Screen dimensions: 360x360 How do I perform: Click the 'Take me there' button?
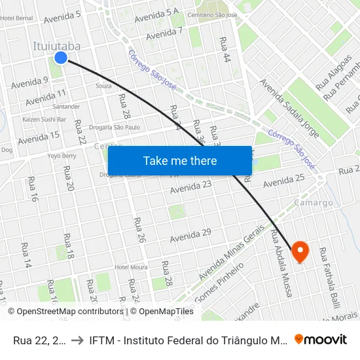click(x=180, y=161)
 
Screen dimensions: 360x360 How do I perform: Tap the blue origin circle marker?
click(x=61, y=58)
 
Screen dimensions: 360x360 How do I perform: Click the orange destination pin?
click(x=300, y=251)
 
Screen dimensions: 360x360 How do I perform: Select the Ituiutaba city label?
click(x=57, y=46)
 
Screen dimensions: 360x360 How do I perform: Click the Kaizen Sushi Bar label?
click(x=44, y=120)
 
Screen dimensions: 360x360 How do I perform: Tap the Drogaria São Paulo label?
click(x=114, y=127)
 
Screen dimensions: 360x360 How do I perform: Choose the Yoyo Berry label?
click(x=62, y=156)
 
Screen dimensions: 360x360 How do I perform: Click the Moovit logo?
click(x=321, y=339)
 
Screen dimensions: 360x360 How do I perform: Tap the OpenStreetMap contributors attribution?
click(x=65, y=312)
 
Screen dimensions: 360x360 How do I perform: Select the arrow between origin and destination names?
click(x=76, y=340)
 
